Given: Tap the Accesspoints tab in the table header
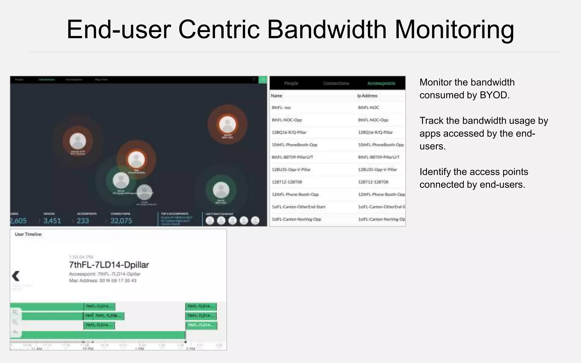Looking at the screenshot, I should pos(381,83).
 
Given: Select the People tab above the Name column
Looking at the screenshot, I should pos(291,83).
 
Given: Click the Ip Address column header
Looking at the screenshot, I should pos(367,96).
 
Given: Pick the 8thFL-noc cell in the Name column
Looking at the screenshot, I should pos(281,107).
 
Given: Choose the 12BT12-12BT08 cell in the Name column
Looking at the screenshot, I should pos(287,182).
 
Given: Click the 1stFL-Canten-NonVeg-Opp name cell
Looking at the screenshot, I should pos(296,219).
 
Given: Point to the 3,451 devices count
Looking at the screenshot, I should pos(52,221).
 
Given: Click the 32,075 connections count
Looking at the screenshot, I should pos(121,221).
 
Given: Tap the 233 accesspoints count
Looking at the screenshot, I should pos(83,221).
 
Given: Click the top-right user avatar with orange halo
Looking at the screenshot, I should pos(228,124).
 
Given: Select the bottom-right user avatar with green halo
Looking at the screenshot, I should pos(221,190).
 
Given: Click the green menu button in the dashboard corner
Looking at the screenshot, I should pos(263,80).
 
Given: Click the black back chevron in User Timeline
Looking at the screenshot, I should pos(16,276).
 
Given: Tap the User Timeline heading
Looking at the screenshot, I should pos(28,234).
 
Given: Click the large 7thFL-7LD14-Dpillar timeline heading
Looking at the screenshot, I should pos(109,265).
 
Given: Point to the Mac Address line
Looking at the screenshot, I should pos(103,280).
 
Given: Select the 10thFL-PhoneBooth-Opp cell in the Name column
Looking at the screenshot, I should pos(294,145).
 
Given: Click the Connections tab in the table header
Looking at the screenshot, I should pos(336,83).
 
